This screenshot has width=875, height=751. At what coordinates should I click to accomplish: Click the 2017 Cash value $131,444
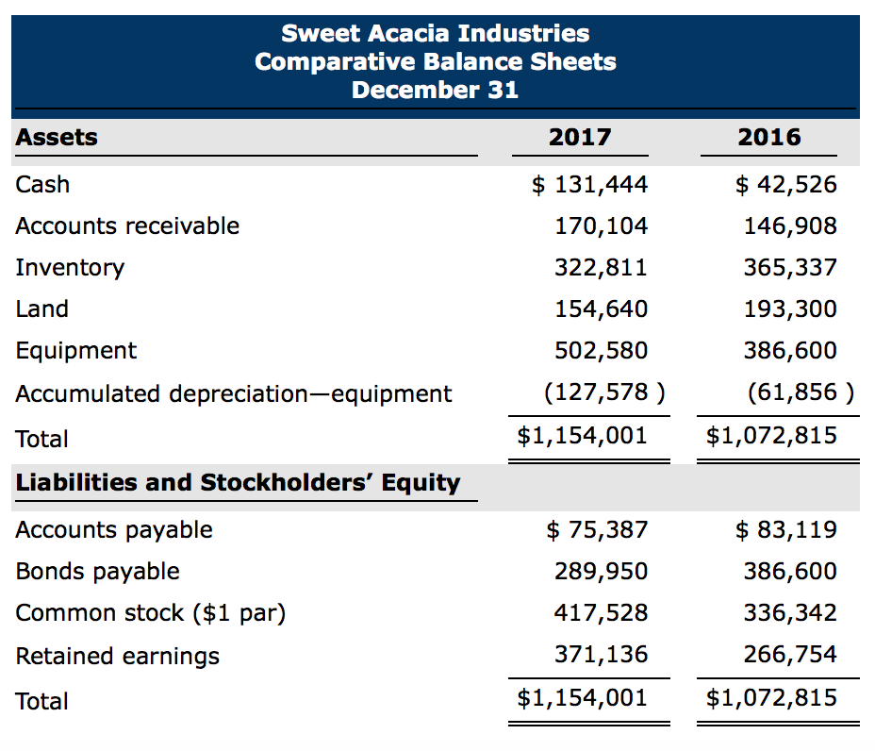(x=589, y=185)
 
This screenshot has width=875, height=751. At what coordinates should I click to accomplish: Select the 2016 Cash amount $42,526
(x=785, y=185)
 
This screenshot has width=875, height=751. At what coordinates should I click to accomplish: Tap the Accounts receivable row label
(x=127, y=226)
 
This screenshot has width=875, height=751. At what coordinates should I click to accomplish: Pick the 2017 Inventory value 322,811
(x=601, y=268)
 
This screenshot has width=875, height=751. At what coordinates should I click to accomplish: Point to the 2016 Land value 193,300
(x=789, y=309)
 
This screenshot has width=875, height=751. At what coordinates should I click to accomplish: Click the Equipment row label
(x=75, y=351)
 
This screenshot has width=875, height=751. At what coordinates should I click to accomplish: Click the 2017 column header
(x=580, y=138)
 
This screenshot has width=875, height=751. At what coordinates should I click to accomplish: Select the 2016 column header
(x=769, y=138)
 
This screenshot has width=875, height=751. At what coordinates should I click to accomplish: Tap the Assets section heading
(x=57, y=138)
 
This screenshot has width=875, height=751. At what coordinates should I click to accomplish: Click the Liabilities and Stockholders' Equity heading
(x=238, y=483)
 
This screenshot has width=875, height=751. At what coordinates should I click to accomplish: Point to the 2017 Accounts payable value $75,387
(x=597, y=530)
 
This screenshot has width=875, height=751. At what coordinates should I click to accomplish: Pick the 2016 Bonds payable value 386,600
(x=789, y=572)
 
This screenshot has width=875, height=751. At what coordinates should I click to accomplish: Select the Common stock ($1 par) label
(x=150, y=613)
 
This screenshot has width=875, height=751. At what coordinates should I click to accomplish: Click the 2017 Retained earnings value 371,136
(x=601, y=655)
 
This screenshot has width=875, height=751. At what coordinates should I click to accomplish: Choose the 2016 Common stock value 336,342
(x=789, y=613)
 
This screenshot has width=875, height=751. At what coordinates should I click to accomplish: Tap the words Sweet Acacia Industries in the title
(x=435, y=34)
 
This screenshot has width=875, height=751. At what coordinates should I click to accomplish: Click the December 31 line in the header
(x=435, y=91)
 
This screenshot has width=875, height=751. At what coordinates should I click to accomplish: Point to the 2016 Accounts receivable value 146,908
(x=789, y=226)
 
